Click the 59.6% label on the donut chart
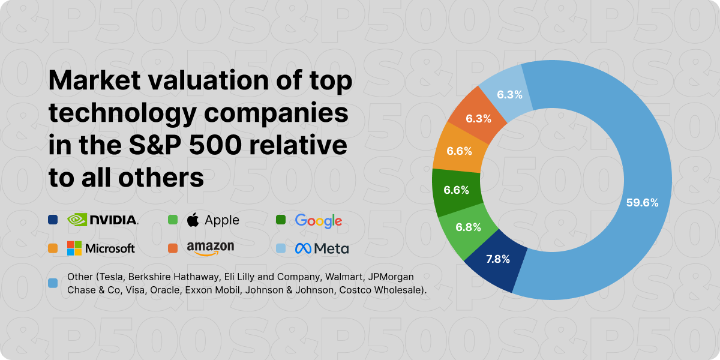click(x=642, y=203)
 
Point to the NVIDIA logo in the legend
click(x=103, y=220)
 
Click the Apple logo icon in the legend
click(x=193, y=220)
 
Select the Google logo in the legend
click(x=318, y=220)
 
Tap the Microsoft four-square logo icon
click(x=74, y=248)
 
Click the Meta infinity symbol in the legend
click(x=302, y=248)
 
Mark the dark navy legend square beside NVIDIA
click(x=53, y=220)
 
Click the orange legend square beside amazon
click(x=173, y=248)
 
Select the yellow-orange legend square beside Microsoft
click(x=53, y=248)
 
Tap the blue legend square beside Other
click(x=53, y=282)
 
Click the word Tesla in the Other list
click(x=109, y=278)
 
